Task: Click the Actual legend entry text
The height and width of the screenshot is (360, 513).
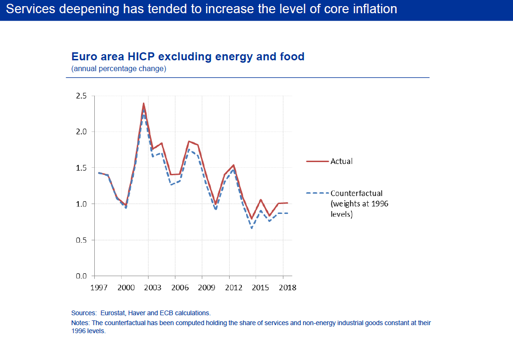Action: [341, 161]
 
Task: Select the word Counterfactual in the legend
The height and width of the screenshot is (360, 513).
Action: [356, 193]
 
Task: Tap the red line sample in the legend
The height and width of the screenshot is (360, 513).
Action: [317, 161]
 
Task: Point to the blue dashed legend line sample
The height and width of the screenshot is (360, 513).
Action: [317, 193]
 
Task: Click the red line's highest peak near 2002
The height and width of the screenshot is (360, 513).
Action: [143, 103]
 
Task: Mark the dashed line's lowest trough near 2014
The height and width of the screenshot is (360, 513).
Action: [252, 228]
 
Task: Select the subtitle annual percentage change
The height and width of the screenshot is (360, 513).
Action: [118, 69]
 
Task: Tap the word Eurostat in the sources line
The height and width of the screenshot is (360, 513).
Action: [112, 313]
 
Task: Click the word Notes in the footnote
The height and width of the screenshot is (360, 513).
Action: [80, 323]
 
